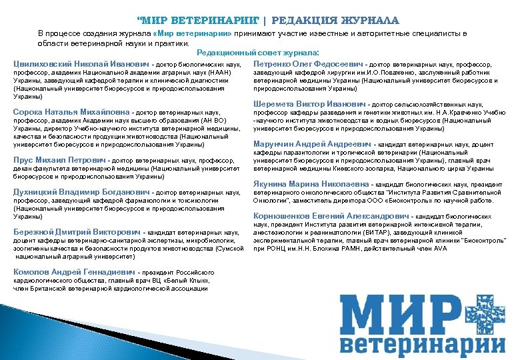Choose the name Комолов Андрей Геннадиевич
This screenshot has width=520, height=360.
pos(74,272)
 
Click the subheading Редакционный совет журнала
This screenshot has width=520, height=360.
pos(257,52)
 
